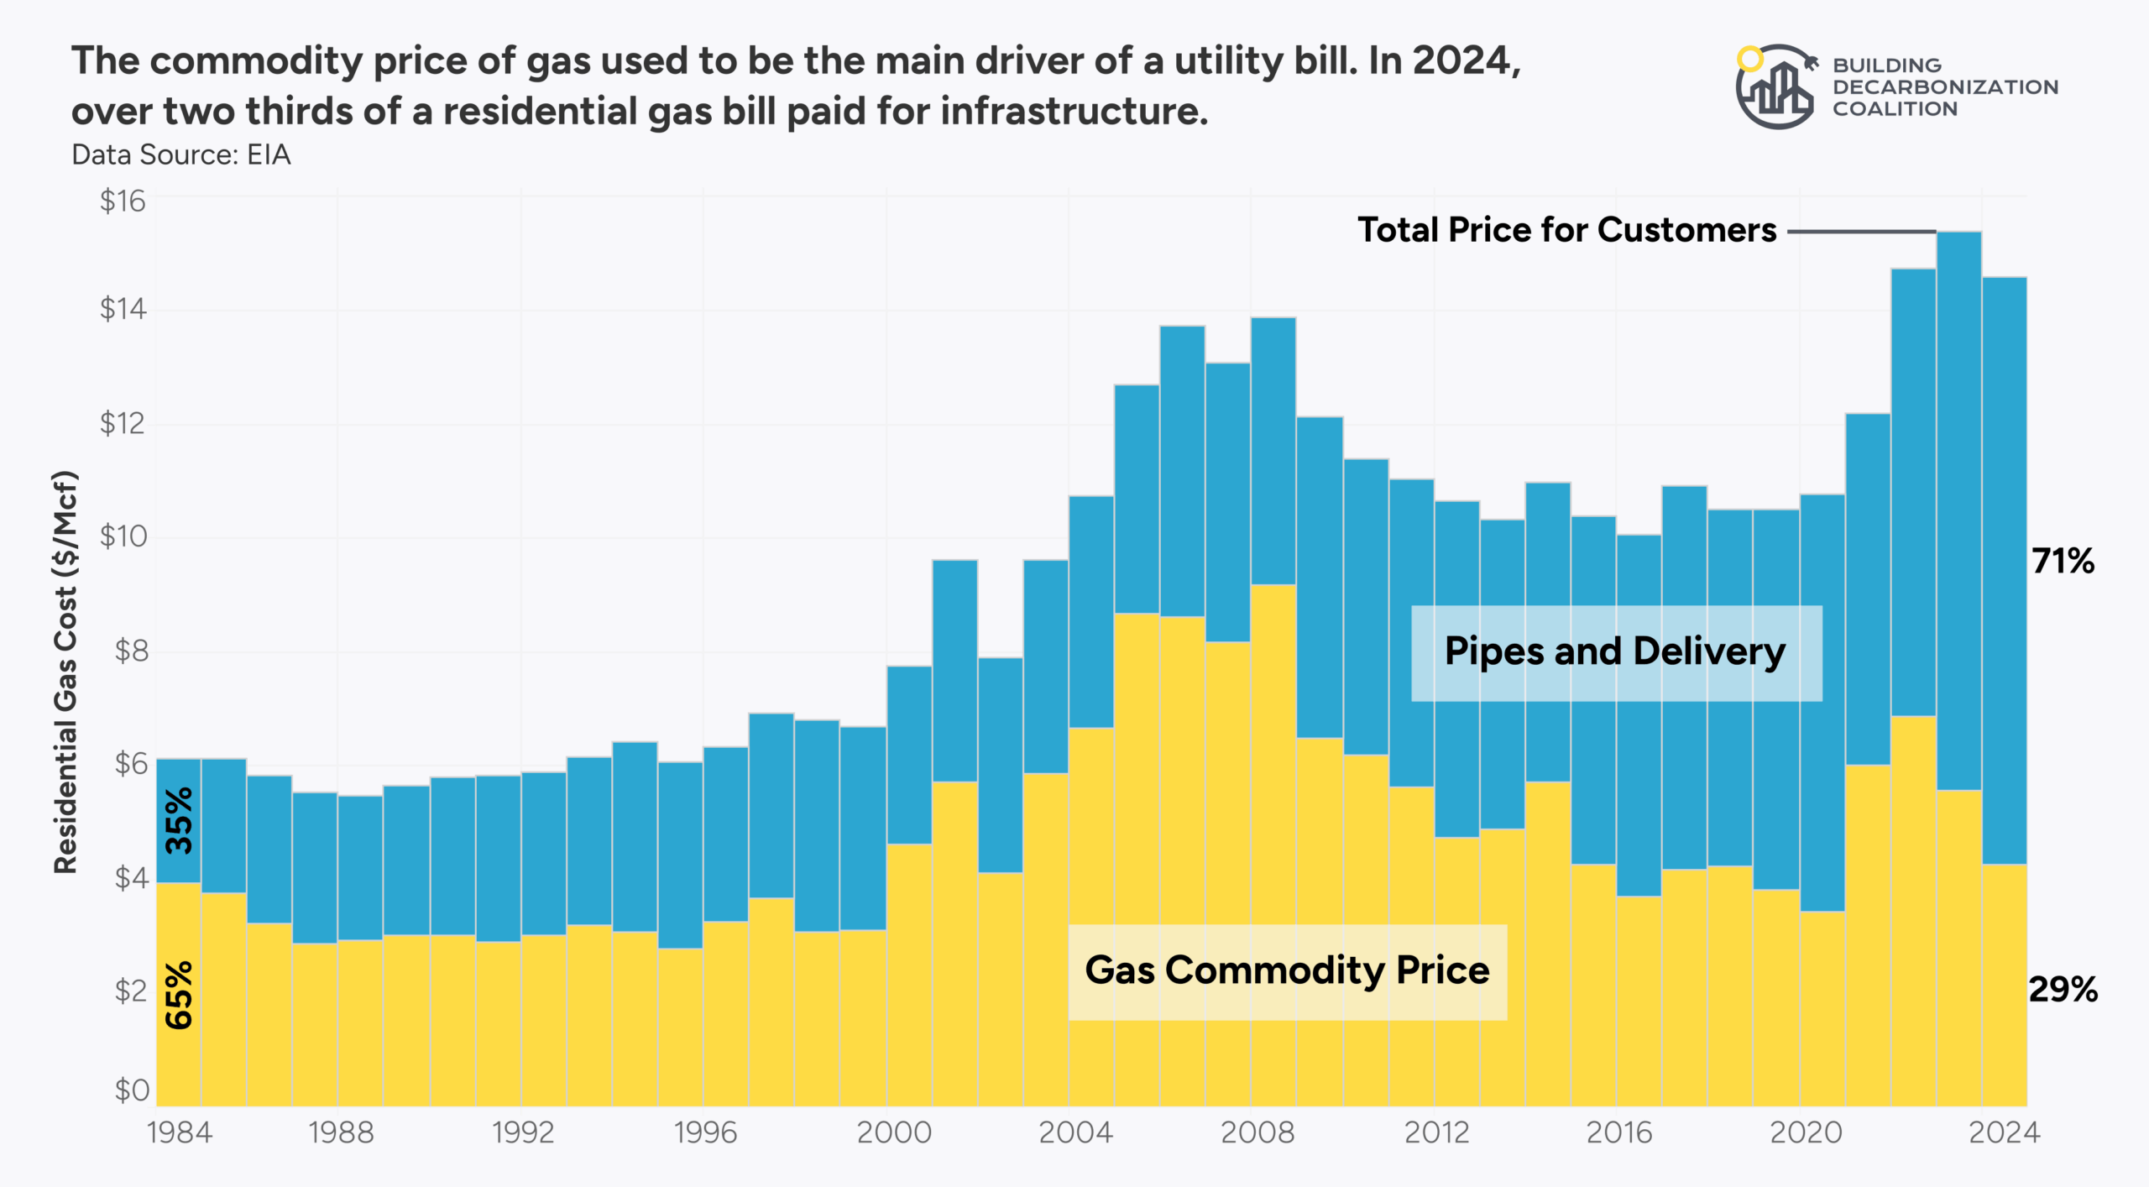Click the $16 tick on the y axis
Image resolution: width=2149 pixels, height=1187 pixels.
123,201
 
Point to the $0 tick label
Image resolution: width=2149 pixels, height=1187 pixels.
132,1090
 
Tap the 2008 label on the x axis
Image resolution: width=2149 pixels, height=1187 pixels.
1257,1132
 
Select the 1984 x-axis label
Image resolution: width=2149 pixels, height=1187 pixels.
180,1132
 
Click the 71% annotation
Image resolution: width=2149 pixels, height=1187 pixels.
2063,561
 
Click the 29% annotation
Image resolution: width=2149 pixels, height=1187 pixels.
2063,990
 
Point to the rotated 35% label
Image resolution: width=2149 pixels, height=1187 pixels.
179,820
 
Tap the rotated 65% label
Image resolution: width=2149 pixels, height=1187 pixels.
179,996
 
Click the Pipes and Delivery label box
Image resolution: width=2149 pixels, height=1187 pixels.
1615,652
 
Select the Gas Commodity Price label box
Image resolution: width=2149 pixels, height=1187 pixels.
1287,971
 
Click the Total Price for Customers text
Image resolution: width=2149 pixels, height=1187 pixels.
1566,230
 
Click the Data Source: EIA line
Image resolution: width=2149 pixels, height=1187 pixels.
180,155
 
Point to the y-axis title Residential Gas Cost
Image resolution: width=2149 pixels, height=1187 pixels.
65,672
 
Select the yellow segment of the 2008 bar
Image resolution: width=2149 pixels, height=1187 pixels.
1273,839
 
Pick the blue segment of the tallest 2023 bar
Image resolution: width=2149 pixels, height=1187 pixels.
1958,504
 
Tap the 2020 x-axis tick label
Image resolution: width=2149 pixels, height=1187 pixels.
1806,1132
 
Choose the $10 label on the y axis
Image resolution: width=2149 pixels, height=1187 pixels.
123,536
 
